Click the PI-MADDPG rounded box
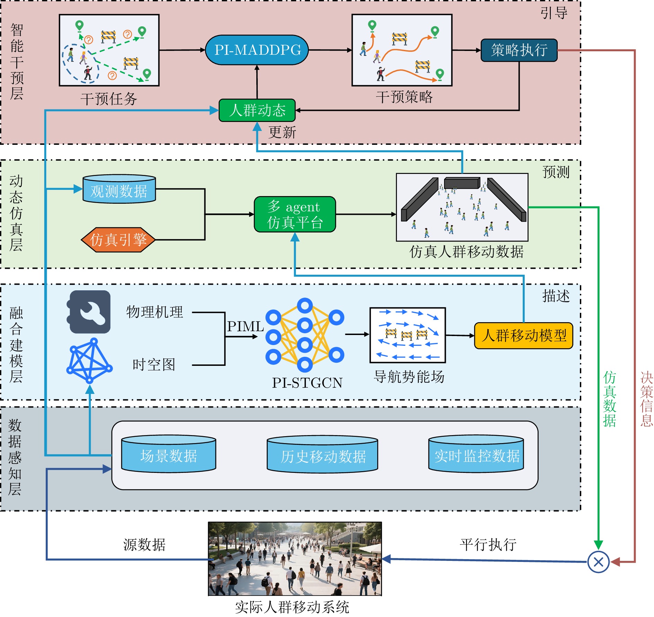tap(257, 50)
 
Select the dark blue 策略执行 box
tap(519, 50)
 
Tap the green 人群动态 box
tap(257, 111)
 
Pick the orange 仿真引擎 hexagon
tap(118, 240)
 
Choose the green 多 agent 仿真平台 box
tap(295, 214)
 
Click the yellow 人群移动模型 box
tap(523, 335)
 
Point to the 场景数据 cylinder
tap(169, 454)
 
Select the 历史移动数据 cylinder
tap(322, 455)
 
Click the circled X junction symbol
tap(598, 562)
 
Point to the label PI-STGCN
tap(307, 383)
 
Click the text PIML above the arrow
tap(245, 326)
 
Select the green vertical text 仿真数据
tap(609, 399)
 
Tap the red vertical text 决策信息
tap(646, 399)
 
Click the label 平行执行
tap(488, 545)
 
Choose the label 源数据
tap(144, 545)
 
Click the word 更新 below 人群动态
tap(282, 132)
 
